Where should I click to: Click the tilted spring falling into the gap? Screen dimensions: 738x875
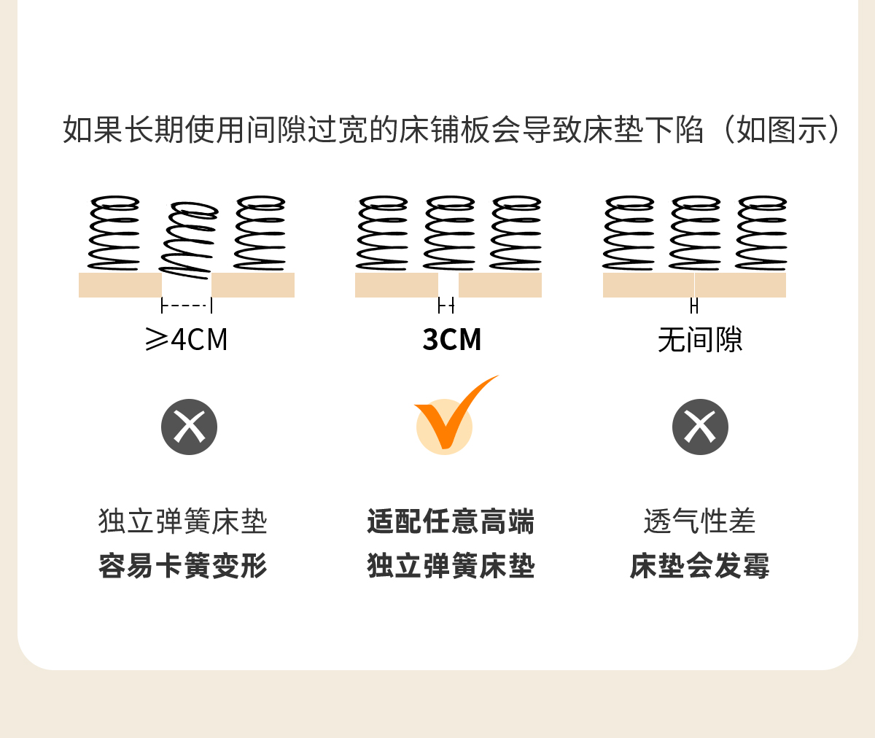pyautogui.click(x=188, y=239)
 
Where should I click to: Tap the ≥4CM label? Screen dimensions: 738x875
pyautogui.click(x=187, y=340)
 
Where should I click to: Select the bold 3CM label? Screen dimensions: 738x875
pyautogui.click(x=452, y=340)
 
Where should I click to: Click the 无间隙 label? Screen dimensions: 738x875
pyautogui.click(x=700, y=340)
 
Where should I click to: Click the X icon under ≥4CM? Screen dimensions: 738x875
pyautogui.click(x=190, y=427)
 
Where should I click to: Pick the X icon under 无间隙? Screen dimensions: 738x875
pyautogui.click(x=700, y=427)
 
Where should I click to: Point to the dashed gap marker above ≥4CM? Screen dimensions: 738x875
pyautogui.click(x=187, y=306)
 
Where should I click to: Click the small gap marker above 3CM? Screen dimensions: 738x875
pyautogui.click(x=446, y=305)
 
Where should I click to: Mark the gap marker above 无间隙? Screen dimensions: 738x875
pyautogui.click(x=694, y=306)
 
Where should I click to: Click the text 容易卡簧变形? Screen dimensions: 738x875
pyautogui.click(x=183, y=566)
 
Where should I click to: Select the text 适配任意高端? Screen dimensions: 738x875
pyautogui.click(x=451, y=522)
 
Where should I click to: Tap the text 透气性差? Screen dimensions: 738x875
pyautogui.click(x=699, y=522)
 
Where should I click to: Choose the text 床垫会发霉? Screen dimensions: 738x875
pyautogui.click(x=699, y=566)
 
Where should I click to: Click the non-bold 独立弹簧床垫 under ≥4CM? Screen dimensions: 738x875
pyautogui.click(x=183, y=522)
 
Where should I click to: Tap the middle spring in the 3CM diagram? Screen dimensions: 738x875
pyautogui.click(x=450, y=233)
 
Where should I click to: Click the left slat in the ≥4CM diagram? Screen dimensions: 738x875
pyautogui.click(x=120, y=285)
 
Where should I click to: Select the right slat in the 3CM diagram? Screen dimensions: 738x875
pyautogui.click(x=500, y=285)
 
